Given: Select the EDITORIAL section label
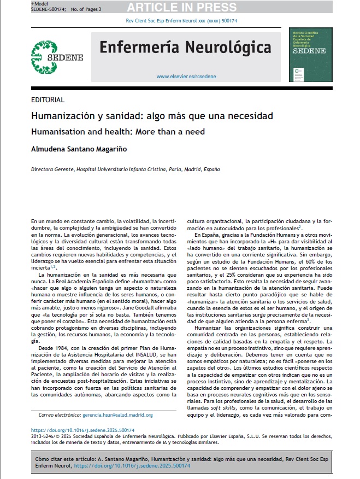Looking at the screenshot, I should (48, 100).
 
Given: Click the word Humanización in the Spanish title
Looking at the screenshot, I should (62, 116).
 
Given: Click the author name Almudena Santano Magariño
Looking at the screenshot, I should (82, 149).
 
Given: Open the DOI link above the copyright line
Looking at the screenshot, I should (75, 430).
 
